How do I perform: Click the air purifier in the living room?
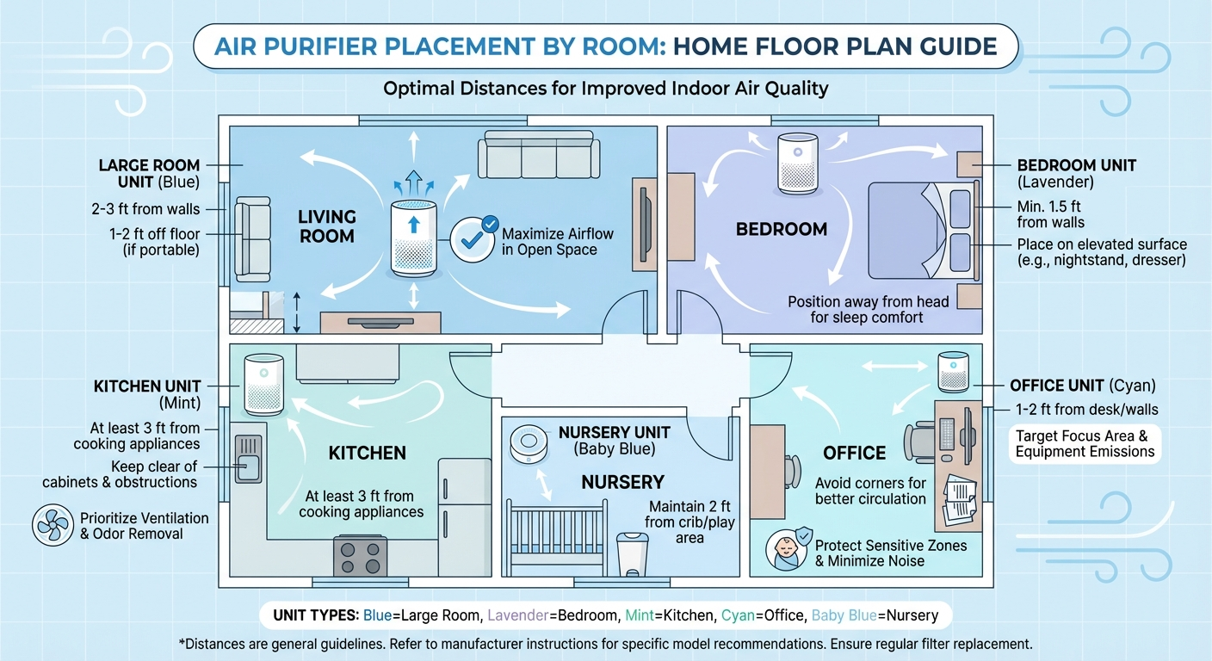pos(414,238)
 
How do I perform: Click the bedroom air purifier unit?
pos(795,164)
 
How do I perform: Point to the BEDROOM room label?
pos(782,229)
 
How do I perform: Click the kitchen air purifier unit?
pos(263,385)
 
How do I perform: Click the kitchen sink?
pos(248,458)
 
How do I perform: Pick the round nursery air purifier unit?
pos(529,444)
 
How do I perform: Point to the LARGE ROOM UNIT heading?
pos(149,173)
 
